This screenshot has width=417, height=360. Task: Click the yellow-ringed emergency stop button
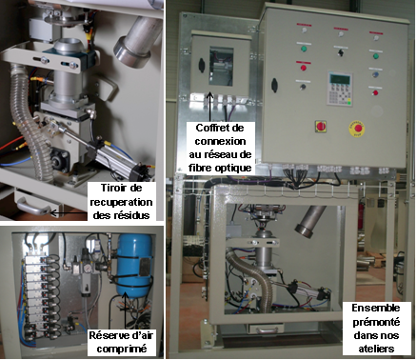[x=357, y=129]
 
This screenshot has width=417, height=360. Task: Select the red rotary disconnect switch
[x=321, y=127]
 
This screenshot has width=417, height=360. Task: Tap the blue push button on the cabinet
[x=376, y=74]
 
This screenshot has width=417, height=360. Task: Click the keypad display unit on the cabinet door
[x=340, y=89]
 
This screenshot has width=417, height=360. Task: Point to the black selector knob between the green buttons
[x=341, y=52]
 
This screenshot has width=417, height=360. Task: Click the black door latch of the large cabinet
[x=274, y=85]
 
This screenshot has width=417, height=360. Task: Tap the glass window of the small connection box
[x=221, y=67]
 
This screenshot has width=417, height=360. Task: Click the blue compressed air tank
[x=135, y=265]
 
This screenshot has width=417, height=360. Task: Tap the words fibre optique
[x=221, y=168]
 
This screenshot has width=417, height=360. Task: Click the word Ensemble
[x=376, y=308]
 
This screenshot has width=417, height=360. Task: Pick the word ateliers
[x=376, y=349]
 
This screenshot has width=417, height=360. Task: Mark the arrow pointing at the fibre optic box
[x=209, y=107]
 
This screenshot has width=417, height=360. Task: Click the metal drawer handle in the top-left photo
[x=33, y=207]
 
